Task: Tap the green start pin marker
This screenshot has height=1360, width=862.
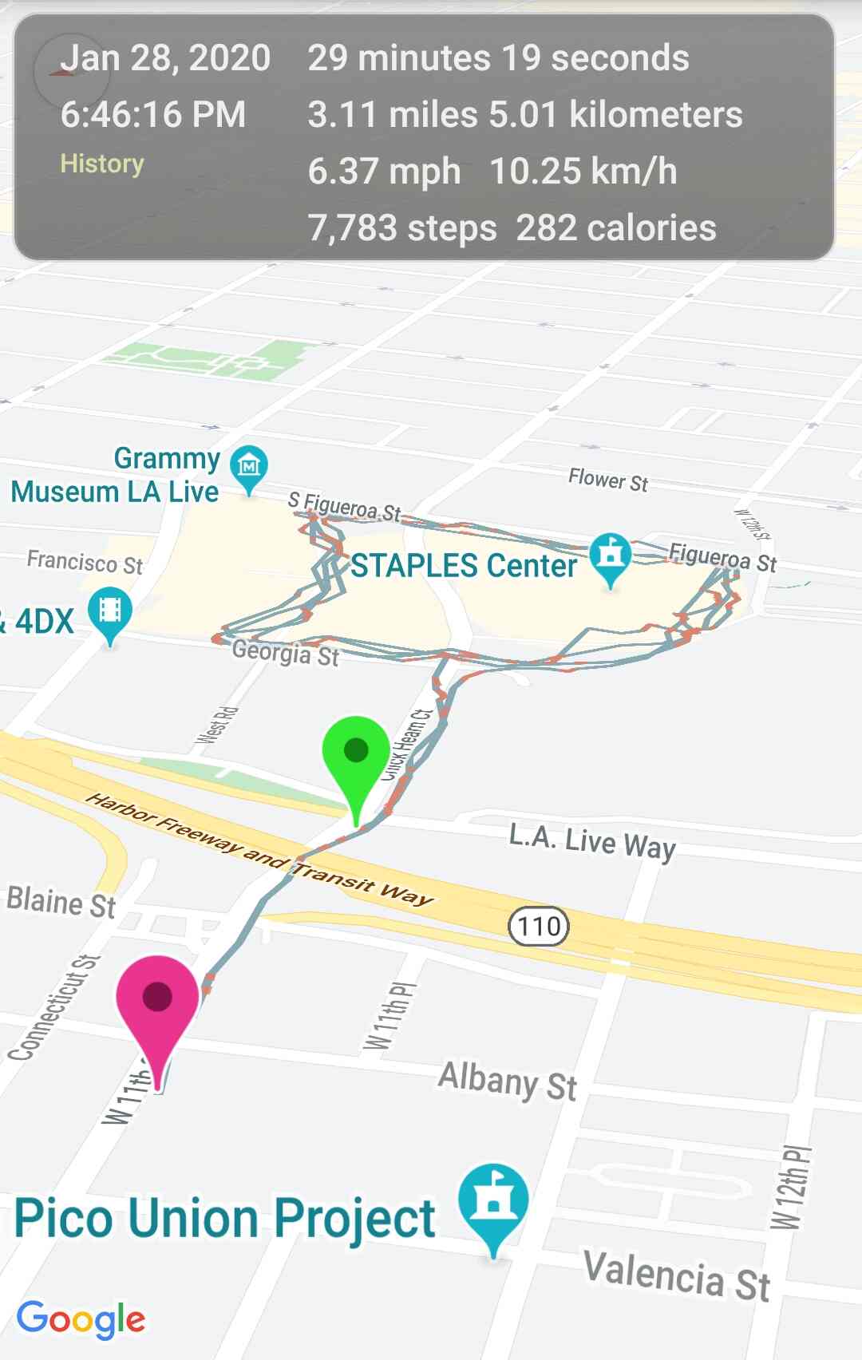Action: pyautogui.click(x=356, y=754)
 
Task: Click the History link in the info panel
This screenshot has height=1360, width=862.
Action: pyautogui.click(x=102, y=164)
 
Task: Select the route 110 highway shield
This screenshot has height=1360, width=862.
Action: pyautogui.click(x=539, y=926)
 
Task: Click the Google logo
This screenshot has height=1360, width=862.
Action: pyautogui.click(x=81, y=1319)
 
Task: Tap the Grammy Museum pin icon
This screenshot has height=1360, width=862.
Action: pyautogui.click(x=249, y=465)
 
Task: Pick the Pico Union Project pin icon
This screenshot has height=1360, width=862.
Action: pyautogui.click(x=493, y=1202)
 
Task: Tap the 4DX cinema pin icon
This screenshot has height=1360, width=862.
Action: pyautogui.click(x=110, y=613)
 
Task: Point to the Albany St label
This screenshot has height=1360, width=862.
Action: pyautogui.click(x=508, y=1081)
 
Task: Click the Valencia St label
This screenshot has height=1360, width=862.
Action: pyautogui.click(x=677, y=1275)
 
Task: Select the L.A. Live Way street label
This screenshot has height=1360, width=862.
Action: pyautogui.click(x=592, y=843)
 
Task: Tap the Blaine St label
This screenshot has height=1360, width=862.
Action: pyautogui.click(x=61, y=903)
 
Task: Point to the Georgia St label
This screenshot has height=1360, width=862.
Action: pyautogui.click(x=286, y=654)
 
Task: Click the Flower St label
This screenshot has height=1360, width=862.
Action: pyautogui.click(x=608, y=480)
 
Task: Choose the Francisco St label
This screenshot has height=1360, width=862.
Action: pyautogui.click(x=85, y=562)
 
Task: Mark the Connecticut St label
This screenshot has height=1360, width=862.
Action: pyautogui.click(x=53, y=1008)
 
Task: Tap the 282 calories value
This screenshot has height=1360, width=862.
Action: pyautogui.click(x=616, y=228)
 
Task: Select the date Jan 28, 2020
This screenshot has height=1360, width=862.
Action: pyautogui.click(x=165, y=58)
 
